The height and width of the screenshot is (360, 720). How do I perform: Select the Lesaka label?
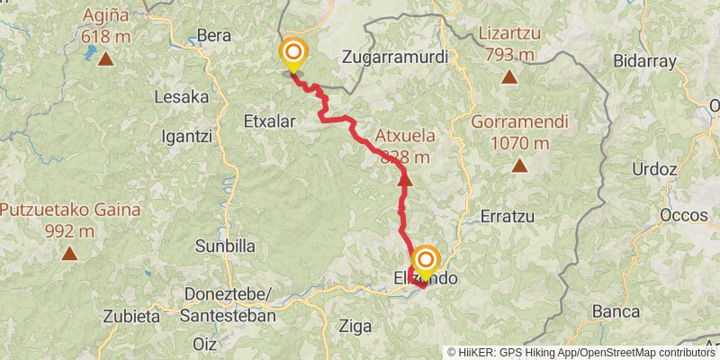(x=182, y=96)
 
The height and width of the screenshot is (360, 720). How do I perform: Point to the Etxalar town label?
(x=270, y=119)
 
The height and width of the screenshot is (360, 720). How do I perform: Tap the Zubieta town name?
(x=131, y=316)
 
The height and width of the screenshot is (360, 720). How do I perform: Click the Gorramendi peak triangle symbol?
(x=519, y=166)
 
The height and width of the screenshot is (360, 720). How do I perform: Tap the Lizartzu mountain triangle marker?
(x=509, y=77)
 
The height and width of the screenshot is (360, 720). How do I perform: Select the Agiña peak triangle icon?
(x=105, y=60)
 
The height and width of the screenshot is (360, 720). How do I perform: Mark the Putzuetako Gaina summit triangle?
(x=69, y=254)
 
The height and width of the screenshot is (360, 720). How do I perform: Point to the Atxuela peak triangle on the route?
(x=405, y=181)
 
